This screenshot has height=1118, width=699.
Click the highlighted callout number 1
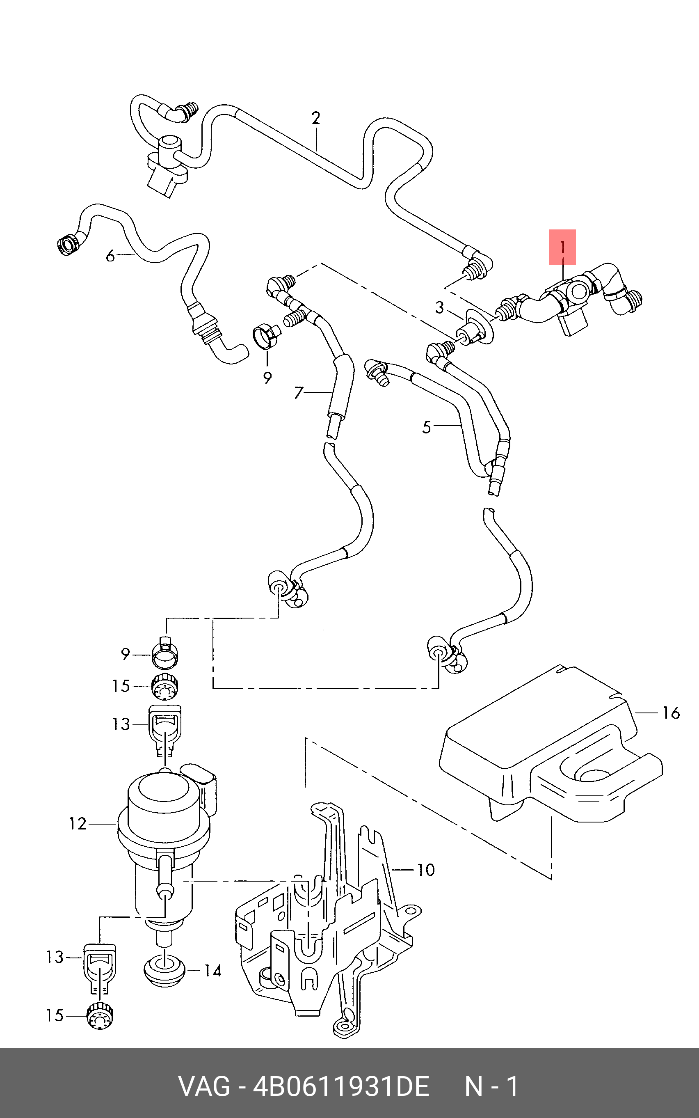click(x=562, y=247)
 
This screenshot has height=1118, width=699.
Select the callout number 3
click(x=440, y=307)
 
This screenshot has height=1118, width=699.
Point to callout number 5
click(x=426, y=427)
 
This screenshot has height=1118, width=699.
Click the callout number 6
click(x=110, y=255)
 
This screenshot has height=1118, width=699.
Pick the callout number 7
click(x=299, y=393)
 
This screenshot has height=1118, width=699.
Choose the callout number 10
click(x=426, y=870)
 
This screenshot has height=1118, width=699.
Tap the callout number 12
click(x=78, y=824)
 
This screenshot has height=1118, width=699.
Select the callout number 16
click(x=671, y=713)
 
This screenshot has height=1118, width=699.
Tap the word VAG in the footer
click(x=204, y=1086)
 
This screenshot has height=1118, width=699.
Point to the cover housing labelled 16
click(x=550, y=745)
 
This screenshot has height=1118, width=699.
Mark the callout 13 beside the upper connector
click(x=121, y=724)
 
